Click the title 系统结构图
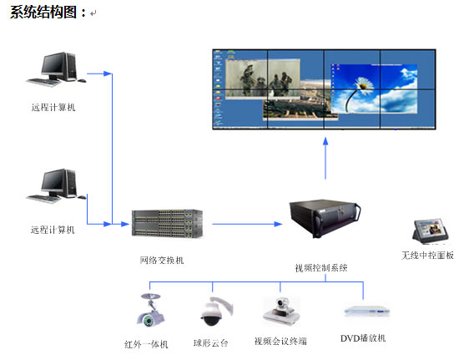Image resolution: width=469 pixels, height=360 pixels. point(43,13)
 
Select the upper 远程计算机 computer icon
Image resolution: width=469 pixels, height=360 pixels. point(56,69)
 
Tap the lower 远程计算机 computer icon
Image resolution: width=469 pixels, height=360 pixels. point(56,185)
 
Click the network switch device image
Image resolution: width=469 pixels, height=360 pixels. point(167,224)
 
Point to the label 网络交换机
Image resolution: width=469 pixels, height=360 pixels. point(162,261)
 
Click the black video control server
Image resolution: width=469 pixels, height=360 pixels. point(325,219)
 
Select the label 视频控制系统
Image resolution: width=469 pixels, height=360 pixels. point(321,268)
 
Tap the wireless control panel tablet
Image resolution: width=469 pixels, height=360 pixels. point(431,230)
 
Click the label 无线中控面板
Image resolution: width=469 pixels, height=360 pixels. point(427,256)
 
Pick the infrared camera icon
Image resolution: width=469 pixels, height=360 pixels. point(150,311)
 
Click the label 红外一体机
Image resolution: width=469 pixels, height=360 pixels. point(146,344)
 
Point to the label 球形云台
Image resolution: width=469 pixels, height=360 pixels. point(210,343)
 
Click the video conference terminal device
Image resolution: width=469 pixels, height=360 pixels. point(281,312)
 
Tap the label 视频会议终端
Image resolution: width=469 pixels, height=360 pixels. point(280,341)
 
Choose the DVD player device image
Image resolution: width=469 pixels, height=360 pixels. point(367,311)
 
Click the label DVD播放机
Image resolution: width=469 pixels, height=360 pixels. point(363,338)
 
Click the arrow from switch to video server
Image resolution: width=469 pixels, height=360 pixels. point(247,224)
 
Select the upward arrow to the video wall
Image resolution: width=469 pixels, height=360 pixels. point(325,158)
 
